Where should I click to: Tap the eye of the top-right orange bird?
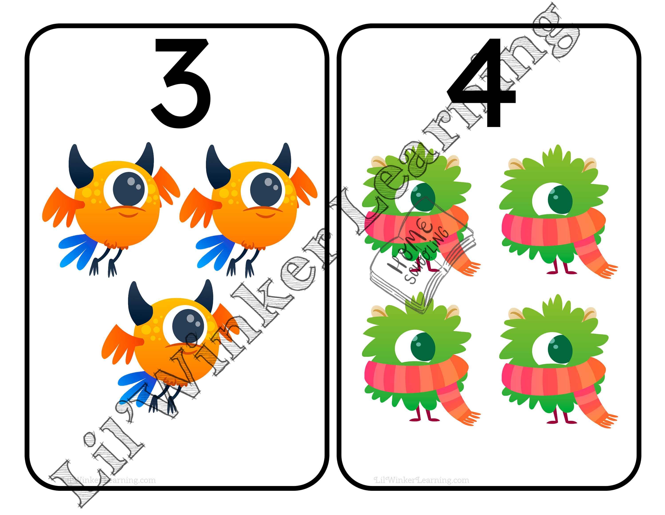266,189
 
